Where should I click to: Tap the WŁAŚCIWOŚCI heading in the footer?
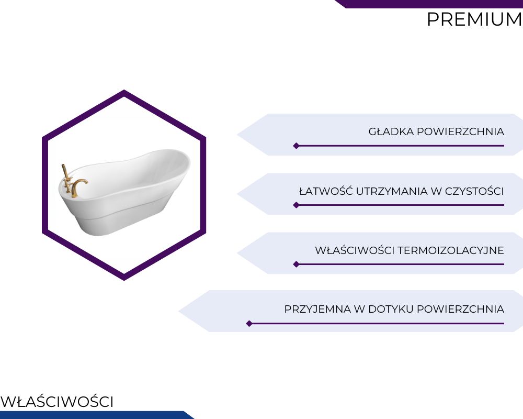[x=56, y=401]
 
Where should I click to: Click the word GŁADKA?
[x=391, y=131]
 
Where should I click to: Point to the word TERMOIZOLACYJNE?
[x=451, y=250]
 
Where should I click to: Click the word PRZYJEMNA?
[x=317, y=309]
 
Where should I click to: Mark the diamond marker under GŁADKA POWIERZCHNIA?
[x=296, y=146]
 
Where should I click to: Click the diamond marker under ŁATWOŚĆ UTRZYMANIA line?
[x=296, y=205]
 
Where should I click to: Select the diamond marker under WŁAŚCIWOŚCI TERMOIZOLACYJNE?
[x=296, y=264]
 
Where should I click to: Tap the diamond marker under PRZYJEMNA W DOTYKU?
[x=249, y=324]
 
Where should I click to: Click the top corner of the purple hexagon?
[x=124, y=90]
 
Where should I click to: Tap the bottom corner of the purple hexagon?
[x=124, y=280]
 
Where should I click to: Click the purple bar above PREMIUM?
[x=429, y=4]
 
